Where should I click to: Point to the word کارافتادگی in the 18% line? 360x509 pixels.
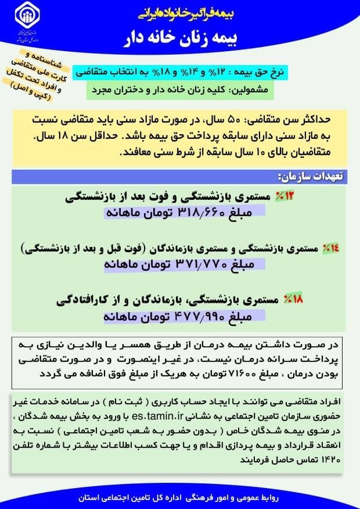click(85, 301)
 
